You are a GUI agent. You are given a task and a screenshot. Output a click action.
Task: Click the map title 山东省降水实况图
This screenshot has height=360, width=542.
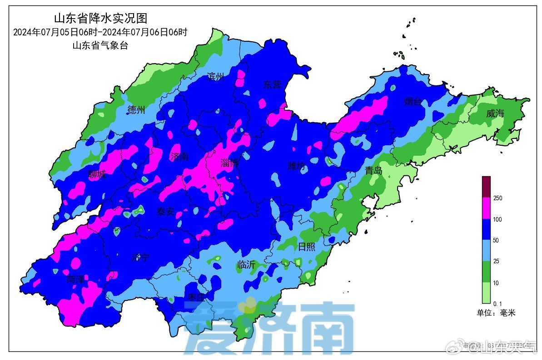coord(100,19)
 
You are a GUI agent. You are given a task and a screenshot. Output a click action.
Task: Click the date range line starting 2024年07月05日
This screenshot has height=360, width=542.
coord(100,32)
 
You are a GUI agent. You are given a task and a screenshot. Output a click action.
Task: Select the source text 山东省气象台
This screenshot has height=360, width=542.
coord(100,45)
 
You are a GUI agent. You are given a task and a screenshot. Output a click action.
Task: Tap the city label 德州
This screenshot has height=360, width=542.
coord(136,109)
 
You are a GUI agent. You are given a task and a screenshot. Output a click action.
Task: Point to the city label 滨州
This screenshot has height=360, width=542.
coord(215,77)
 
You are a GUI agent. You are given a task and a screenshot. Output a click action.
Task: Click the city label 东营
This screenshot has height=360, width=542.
coord(272,84)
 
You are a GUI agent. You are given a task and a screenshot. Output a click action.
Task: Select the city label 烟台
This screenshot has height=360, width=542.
coord(413,102)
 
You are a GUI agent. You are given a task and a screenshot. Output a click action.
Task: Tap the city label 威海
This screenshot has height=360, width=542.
coord(495,113)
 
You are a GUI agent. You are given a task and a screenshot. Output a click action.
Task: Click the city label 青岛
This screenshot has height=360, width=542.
coord(373,171)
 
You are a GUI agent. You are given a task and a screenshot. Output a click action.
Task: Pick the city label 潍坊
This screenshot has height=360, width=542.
coord(296,166)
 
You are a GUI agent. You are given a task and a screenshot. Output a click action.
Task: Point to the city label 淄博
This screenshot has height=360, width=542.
coord(229,163)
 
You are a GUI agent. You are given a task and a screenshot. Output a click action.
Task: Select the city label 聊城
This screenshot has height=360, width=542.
coord(97,174)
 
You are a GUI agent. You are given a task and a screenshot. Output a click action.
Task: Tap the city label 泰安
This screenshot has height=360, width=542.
coord(165,212)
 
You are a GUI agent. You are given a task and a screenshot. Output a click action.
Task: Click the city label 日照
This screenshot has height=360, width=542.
coord(306,247)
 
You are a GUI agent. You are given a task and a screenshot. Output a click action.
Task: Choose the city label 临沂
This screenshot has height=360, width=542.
coord(246,265)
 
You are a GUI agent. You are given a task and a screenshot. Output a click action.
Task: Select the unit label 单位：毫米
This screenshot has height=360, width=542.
coord(496,313)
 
